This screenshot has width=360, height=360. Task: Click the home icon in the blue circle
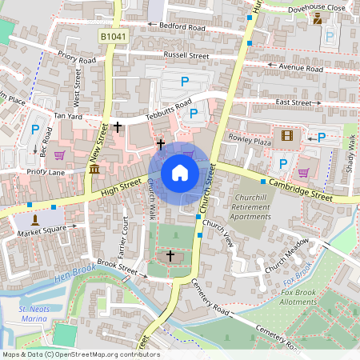pyautogui.click(x=180, y=172)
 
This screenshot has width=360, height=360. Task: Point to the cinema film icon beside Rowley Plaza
pyautogui.click(x=287, y=135)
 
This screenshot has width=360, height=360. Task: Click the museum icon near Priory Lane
pyautogui.click(x=94, y=170)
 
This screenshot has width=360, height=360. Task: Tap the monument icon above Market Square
pyautogui.click(x=34, y=219)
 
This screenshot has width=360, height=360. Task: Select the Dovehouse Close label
pyautogui.click(x=318, y=7)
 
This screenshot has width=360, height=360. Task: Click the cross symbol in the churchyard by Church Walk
pyautogui.click(x=170, y=255)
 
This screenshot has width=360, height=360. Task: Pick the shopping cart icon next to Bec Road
pyautogui.click(x=59, y=155)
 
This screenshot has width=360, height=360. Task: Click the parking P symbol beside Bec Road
pyautogui.click(x=34, y=129)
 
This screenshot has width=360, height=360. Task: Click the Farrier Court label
pyautogui.click(x=125, y=232)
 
